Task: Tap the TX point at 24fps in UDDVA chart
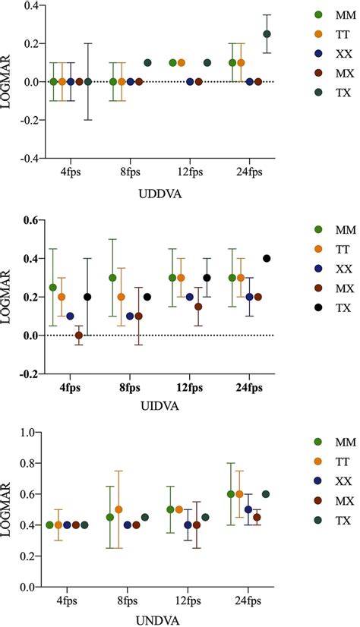coord(267,34)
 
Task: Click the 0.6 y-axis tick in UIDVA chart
coord(27,220)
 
